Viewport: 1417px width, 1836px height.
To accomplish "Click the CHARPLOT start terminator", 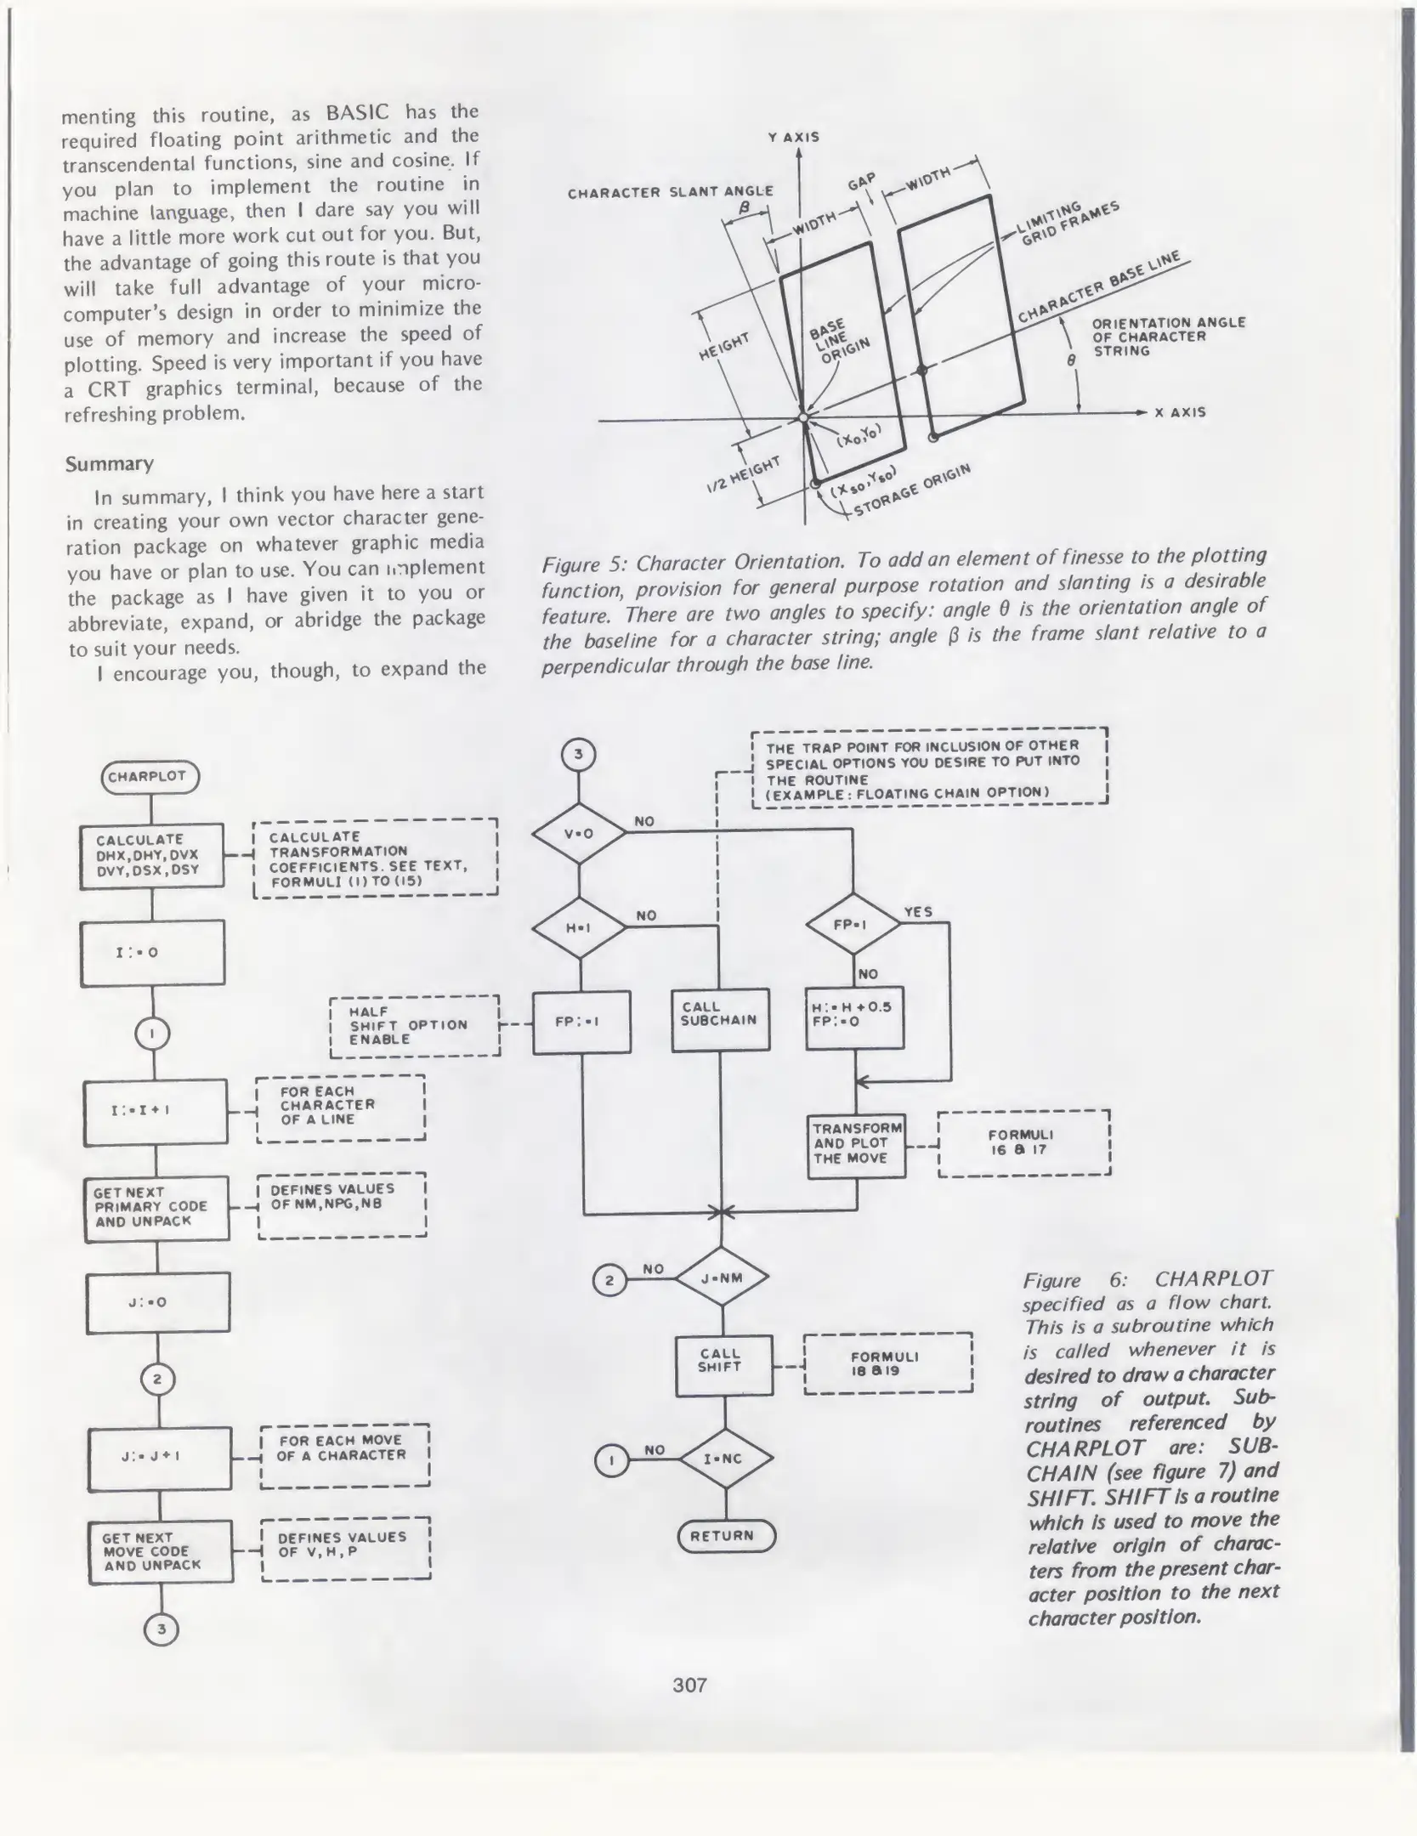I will (150, 776).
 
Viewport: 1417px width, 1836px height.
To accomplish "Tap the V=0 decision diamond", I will (579, 833).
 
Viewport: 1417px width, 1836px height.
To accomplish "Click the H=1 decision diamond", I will (579, 927).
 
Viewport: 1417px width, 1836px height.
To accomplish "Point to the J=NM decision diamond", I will (722, 1278).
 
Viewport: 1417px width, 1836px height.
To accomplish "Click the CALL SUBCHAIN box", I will (720, 1020).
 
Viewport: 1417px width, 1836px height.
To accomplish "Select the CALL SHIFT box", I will (723, 1366).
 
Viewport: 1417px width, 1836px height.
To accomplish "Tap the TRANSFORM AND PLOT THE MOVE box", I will (855, 1145).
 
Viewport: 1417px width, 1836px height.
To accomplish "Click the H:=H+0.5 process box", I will (854, 1017).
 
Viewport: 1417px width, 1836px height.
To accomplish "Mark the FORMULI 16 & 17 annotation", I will (1023, 1142).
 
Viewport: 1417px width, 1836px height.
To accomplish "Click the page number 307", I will (689, 1685).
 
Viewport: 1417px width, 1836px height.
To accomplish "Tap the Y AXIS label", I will (794, 137).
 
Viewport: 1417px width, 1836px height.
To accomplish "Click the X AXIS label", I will (1180, 412).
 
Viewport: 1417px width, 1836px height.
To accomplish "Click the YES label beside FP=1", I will (918, 912).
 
